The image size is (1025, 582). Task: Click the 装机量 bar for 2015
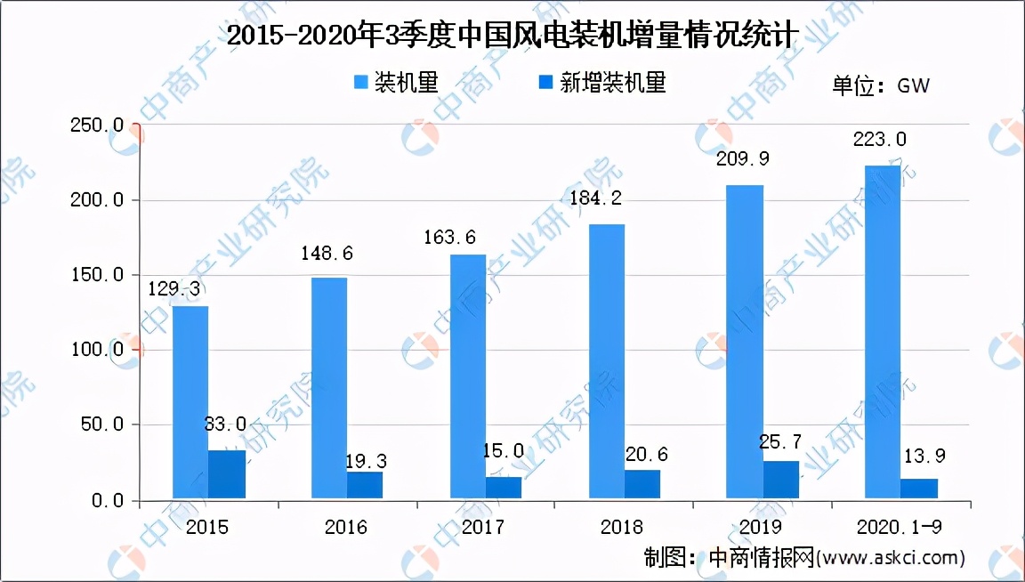point(190,402)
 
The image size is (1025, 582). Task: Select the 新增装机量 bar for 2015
point(227,475)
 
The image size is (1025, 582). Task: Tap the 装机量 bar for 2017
point(467,377)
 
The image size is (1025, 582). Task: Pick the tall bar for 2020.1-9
point(883,333)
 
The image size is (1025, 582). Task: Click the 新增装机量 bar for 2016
point(365,486)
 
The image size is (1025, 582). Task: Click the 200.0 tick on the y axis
point(98,200)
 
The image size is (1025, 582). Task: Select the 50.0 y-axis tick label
point(101,425)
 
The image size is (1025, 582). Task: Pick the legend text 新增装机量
point(613,84)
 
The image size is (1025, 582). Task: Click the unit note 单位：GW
point(881,85)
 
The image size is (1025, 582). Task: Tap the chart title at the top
point(512,35)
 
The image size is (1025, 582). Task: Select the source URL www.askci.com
point(889,558)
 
